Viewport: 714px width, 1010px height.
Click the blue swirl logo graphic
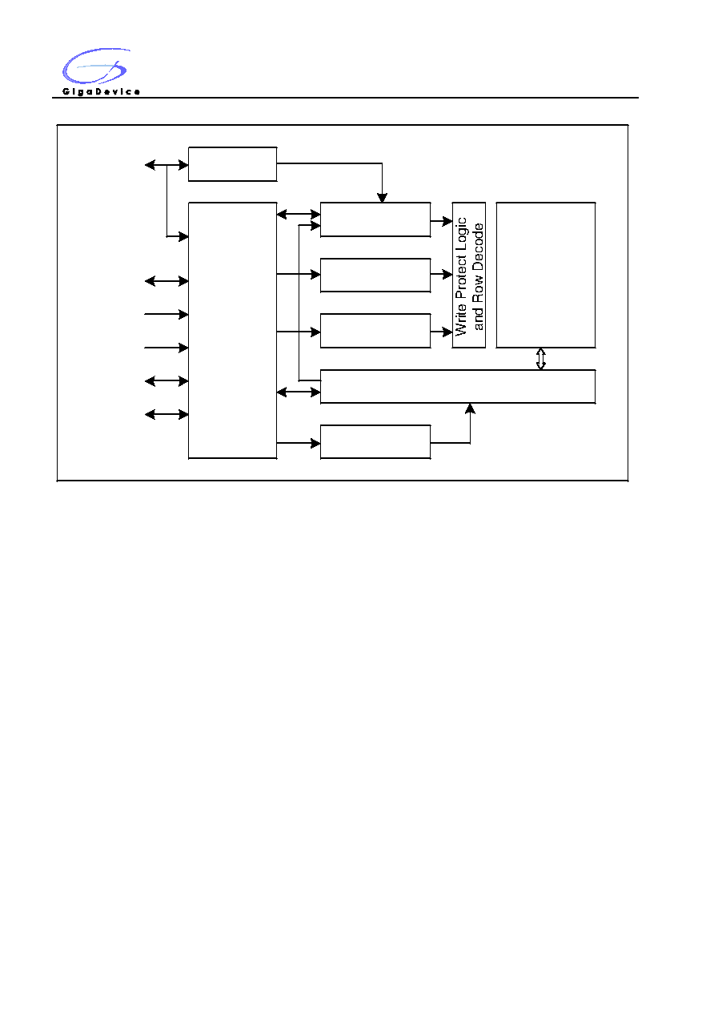(96, 66)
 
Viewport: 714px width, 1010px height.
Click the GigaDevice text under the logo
(101, 91)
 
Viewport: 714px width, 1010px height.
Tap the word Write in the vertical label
(461, 320)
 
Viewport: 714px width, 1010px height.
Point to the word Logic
(461, 235)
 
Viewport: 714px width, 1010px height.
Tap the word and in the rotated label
(478, 318)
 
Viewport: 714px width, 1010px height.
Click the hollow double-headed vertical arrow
(541, 359)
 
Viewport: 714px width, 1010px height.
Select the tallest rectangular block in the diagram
(232, 331)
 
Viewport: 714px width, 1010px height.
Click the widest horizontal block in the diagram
(458, 386)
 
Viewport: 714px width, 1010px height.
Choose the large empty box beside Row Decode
(546, 275)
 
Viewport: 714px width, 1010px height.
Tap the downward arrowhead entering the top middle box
(382, 198)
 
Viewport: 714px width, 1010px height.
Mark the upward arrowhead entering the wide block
(470, 408)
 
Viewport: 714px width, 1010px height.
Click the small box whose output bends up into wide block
(375, 442)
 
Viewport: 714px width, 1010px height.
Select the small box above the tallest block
(232, 164)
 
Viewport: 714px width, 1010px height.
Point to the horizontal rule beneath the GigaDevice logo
(345, 98)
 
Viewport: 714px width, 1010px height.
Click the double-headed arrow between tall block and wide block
(299, 392)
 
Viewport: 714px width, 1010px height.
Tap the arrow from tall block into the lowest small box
(299, 443)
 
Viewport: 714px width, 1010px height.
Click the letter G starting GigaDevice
(66, 91)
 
